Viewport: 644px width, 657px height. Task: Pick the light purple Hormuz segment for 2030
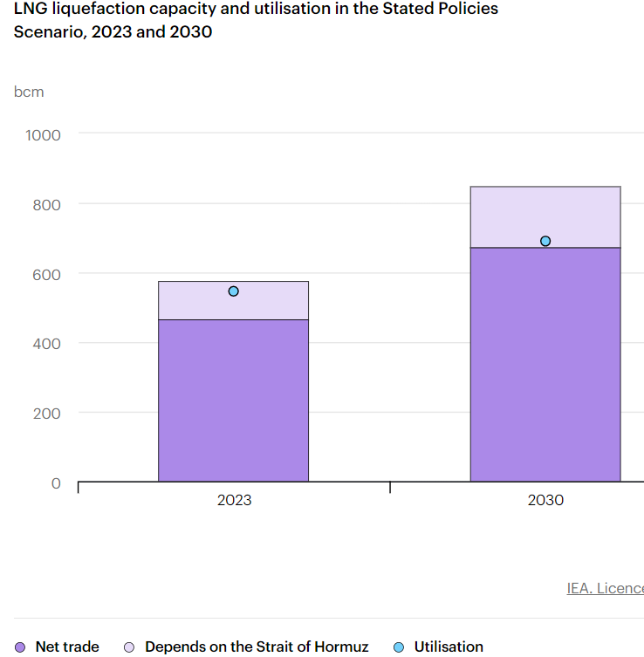click(x=545, y=216)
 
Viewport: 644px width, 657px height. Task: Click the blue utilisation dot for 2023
click(x=233, y=291)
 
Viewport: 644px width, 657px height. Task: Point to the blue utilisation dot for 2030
click(x=545, y=241)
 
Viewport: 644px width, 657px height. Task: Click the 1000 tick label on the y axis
click(x=44, y=134)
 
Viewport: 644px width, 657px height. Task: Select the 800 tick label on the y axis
click(x=47, y=204)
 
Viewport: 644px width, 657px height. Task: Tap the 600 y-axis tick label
click(x=47, y=274)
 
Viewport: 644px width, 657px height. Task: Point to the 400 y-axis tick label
click(x=47, y=343)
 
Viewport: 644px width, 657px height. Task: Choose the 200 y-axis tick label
click(x=47, y=413)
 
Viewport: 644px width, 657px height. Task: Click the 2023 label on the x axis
click(x=234, y=500)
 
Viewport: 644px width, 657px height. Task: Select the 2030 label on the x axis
click(x=545, y=500)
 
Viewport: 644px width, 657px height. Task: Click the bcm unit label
click(x=29, y=92)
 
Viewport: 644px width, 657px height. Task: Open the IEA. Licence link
click(x=605, y=588)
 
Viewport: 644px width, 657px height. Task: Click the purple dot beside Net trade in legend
click(x=20, y=647)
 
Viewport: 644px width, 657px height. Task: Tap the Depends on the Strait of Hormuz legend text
click(x=257, y=647)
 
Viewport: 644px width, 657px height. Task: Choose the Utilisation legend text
click(x=449, y=647)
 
